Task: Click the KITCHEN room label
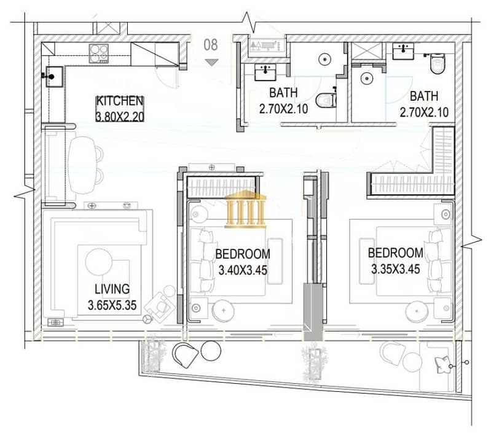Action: coord(120,101)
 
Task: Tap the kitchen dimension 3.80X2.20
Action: coord(120,117)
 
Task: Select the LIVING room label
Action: coord(112,289)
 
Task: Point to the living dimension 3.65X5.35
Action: coord(112,305)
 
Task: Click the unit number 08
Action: coord(211,45)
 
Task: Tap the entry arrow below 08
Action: coord(211,62)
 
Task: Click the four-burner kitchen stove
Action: coord(99,53)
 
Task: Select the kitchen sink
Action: coord(55,77)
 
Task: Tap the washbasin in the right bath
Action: coord(403,52)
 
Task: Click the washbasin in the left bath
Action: coord(265,72)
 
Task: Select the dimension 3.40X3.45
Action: coord(243,270)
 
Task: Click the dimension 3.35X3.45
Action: coord(396,269)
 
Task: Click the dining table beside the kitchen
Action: coord(82,165)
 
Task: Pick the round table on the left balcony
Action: coord(211,351)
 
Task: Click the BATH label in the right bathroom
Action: coord(423,96)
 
